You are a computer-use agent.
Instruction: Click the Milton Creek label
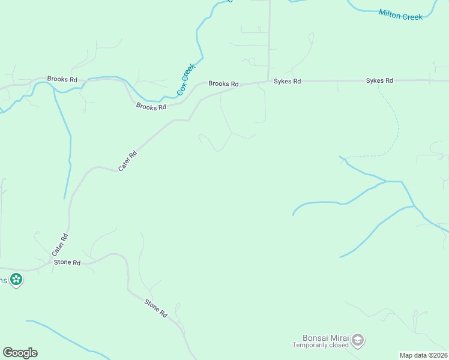click(401, 14)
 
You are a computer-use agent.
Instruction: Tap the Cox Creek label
click(186, 80)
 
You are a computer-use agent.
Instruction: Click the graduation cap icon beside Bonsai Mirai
click(358, 340)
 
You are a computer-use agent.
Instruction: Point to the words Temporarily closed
click(321, 346)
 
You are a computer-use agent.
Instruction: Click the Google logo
click(20, 352)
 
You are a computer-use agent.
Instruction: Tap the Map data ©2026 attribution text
click(424, 355)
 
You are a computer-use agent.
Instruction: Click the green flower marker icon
click(17, 279)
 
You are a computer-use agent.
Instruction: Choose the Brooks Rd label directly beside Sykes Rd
click(223, 84)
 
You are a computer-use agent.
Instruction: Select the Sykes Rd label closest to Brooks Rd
click(287, 81)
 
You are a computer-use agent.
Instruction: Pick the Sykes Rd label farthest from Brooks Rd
click(379, 80)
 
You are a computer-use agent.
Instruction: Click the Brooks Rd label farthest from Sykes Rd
click(62, 79)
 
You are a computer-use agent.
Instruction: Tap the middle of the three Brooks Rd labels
click(151, 107)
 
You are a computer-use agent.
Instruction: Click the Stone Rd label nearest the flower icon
click(67, 263)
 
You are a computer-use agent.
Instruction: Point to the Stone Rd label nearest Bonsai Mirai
click(155, 308)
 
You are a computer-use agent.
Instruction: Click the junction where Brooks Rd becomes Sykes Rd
click(268, 81)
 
